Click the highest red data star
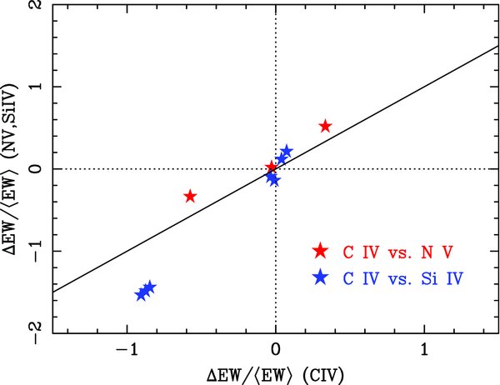pos(325,126)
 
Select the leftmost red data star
pos(190,196)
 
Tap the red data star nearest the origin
pos(272,167)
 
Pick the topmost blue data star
pos(287,151)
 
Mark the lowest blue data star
pos(142,294)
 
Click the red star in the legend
pos(320,251)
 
